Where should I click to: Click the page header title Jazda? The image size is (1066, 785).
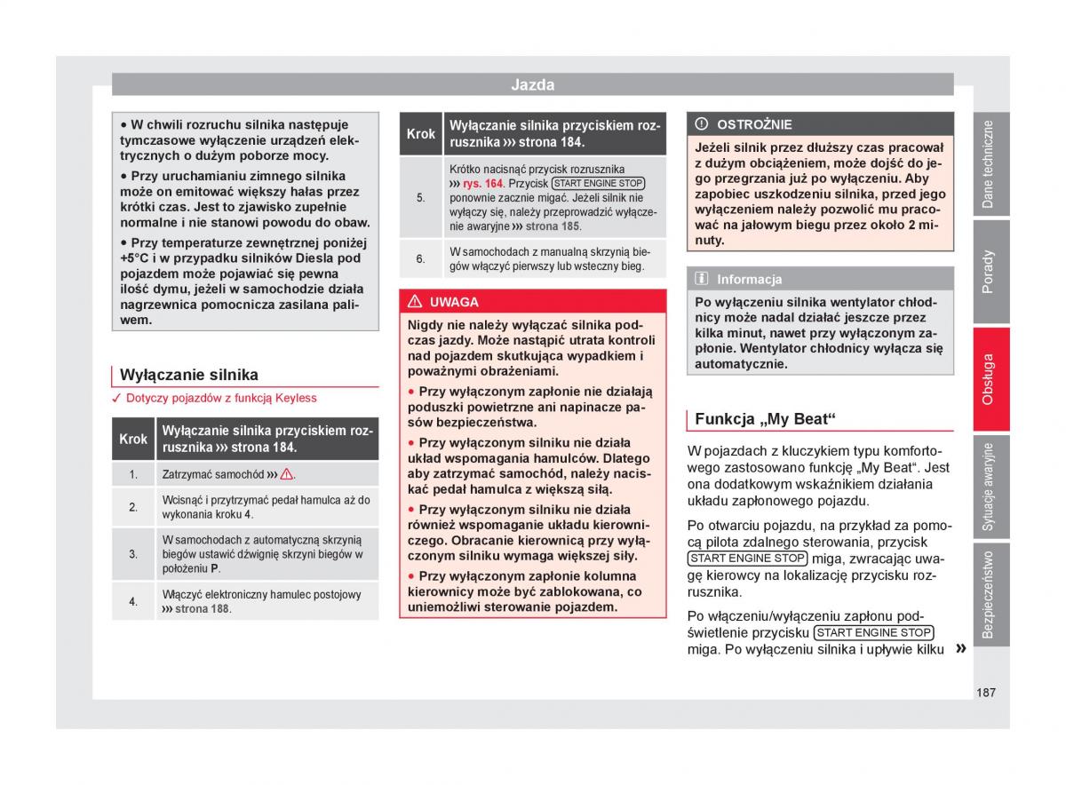coord(532,85)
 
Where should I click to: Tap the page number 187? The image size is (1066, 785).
coord(984,692)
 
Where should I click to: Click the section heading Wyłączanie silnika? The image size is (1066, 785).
coord(188,375)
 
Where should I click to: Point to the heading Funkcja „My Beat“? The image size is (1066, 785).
coord(766,419)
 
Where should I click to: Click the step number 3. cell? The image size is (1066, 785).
coord(133,554)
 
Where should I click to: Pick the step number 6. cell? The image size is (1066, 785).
coord(421,258)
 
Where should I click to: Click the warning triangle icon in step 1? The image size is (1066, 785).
coord(287,474)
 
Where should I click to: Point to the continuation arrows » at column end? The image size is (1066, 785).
coord(960,649)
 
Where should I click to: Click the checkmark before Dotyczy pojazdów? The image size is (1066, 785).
coord(116,399)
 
